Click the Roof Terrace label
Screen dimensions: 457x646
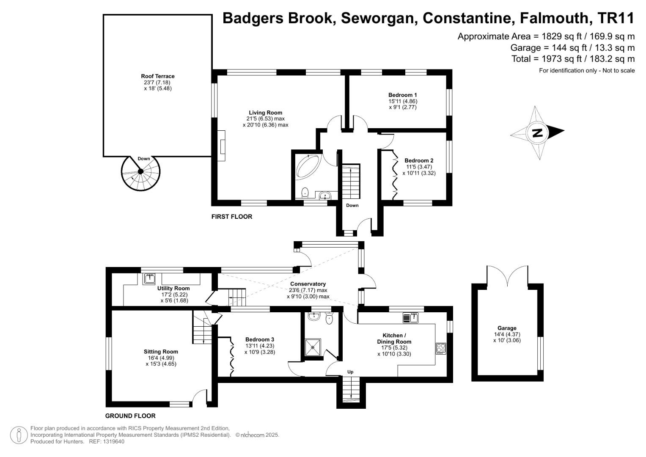click(157, 77)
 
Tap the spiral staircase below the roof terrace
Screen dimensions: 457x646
click(141, 172)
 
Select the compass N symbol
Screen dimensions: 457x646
click(537, 133)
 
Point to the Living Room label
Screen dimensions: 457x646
click(265, 113)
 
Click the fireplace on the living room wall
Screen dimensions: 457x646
click(222, 142)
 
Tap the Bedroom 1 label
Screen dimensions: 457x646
click(402, 95)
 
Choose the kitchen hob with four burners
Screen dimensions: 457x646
click(440, 348)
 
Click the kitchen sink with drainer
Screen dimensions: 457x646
click(411, 317)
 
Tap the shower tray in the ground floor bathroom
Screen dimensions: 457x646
click(313, 347)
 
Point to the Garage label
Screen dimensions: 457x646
click(507, 328)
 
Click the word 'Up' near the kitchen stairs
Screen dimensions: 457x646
click(350, 372)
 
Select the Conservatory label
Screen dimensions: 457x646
click(308, 284)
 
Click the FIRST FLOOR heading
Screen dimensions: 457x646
click(231, 217)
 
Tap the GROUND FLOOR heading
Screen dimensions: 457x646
click(130, 416)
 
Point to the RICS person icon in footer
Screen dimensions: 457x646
click(19, 435)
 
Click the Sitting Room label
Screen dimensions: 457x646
click(161, 352)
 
